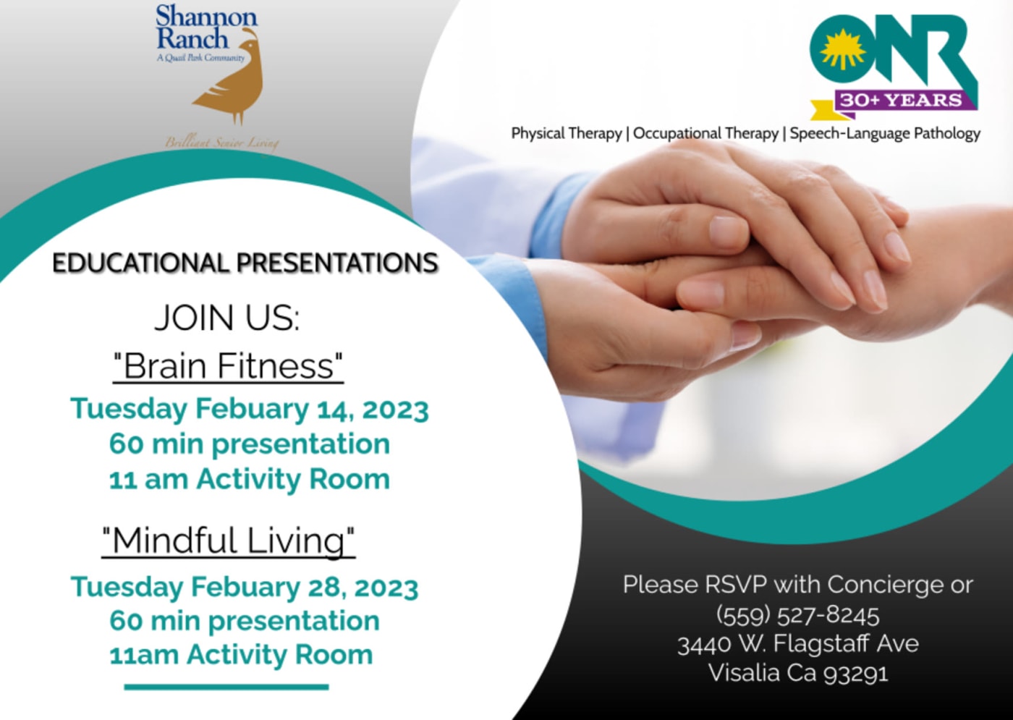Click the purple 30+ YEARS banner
901,100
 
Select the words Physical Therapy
566,133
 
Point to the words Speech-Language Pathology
885,133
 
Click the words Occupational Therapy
705,133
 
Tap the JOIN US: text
226,318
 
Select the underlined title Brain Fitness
229,365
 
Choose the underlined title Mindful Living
229,541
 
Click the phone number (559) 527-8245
797,616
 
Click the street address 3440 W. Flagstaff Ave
797,644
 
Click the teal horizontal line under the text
226,687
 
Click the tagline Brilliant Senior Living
221,144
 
